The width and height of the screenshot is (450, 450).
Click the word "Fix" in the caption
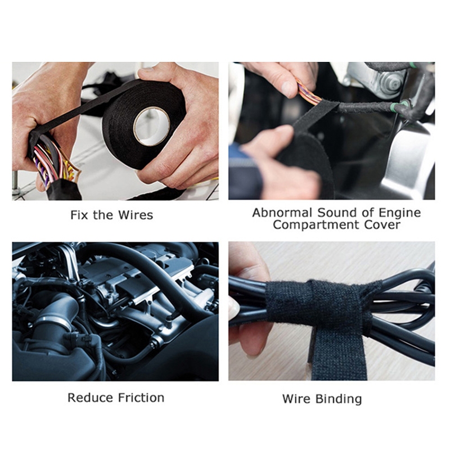point(80,215)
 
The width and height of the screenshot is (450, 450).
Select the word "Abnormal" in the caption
point(282,213)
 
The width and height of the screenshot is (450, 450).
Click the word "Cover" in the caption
point(382,224)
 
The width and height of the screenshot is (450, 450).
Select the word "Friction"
point(141,398)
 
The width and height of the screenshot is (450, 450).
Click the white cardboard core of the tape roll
point(151,126)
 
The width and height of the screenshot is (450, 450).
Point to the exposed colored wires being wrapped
point(308,92)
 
